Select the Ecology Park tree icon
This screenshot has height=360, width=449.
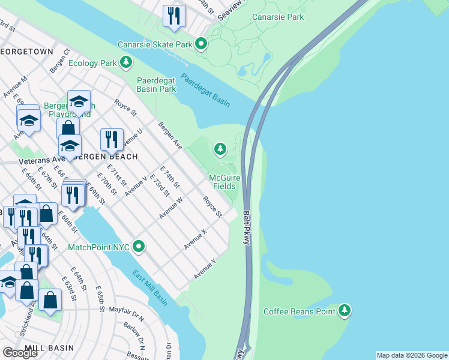[x=125, y=62]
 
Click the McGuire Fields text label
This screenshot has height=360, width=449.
[x=226, y=181]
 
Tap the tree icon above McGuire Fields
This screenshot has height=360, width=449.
[x=220, y=148]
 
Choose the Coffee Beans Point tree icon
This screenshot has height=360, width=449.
[x=344, y=310]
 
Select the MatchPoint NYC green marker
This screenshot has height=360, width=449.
[x=139, y=247]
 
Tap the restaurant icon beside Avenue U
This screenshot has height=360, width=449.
[x=112, y=140]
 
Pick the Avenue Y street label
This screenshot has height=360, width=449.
[x=205, y=269]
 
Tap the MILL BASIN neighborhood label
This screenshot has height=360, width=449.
[x=49, y=348]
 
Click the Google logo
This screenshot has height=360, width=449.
[x=20, y=352]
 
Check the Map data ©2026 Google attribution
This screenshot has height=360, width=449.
[x=412, y=355]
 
